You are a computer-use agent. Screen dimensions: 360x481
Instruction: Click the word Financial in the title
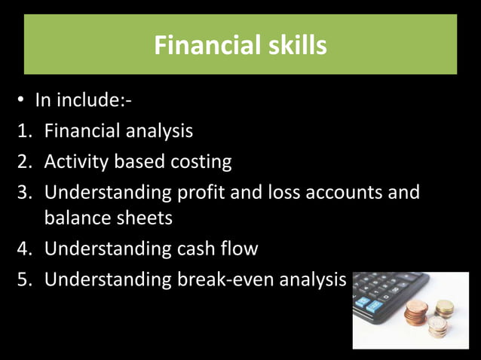[201, 46]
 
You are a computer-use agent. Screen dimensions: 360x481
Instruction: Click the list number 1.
[23, 131]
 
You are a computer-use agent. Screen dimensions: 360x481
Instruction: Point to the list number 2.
[23, 161]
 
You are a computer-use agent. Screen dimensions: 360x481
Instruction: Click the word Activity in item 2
[78, 161]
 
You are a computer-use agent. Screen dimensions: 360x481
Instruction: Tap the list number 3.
[23, 192]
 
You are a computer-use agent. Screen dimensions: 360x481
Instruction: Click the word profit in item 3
[201, 192]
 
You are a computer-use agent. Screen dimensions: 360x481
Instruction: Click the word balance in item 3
[77, 218]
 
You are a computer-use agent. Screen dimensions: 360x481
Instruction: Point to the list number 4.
[23, 249]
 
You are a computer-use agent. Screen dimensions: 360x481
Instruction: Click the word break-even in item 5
[224, 279]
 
